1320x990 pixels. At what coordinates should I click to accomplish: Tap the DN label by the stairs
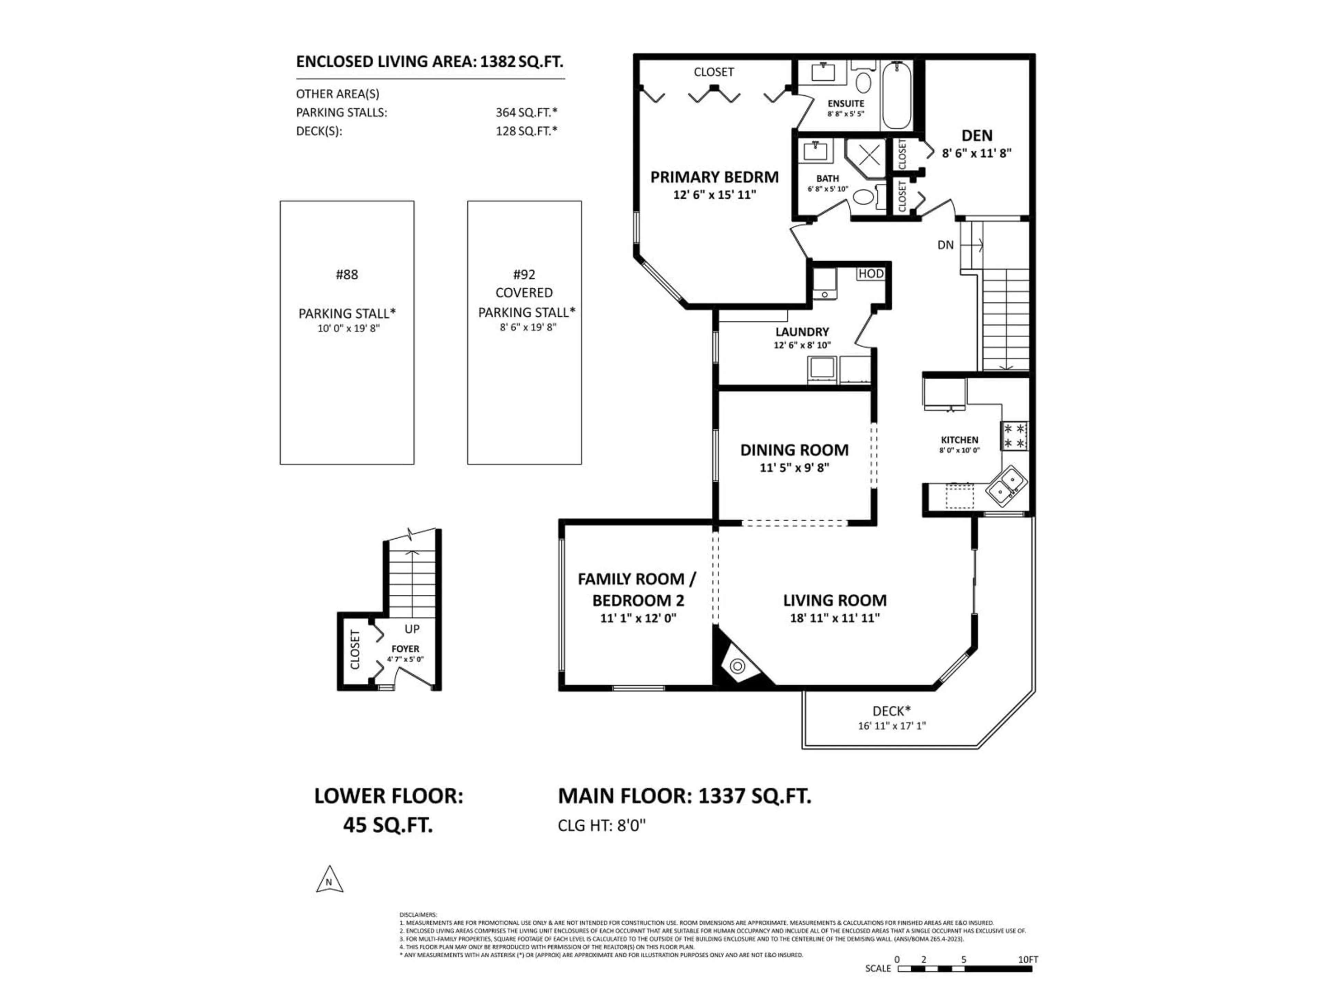(945, 245)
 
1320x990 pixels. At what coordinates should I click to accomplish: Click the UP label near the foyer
(412, 628)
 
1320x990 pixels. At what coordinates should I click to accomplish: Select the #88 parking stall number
(347, 275)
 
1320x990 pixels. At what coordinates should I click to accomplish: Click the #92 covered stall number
(524, 275)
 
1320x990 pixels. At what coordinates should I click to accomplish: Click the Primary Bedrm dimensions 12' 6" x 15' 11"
(714, 195)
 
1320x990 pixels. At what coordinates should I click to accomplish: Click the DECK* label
(892, 711)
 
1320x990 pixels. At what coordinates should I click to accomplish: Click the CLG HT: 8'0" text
(602, 825)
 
